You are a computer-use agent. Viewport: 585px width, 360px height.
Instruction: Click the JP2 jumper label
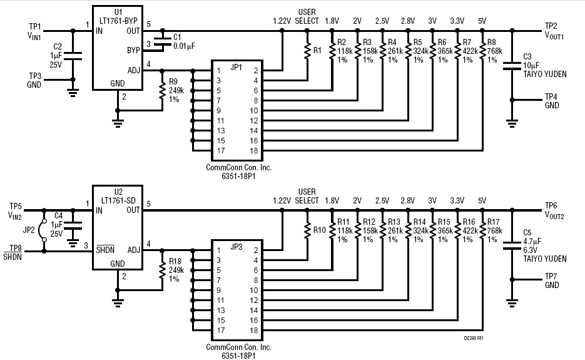(x=30, y=230)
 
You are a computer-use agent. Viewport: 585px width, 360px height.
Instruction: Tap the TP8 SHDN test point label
(x=16, y=252)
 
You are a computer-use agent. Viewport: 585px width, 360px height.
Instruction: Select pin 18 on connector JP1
(x=255, y=150)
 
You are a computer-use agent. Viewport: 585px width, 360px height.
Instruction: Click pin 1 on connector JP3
(x=218, y=250)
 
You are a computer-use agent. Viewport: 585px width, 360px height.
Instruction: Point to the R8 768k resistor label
(x=492, y=51)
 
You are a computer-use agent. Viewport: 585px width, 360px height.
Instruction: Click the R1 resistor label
(x=317, y=50)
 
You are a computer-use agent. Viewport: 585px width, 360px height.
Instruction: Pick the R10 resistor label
(x=319, y=230)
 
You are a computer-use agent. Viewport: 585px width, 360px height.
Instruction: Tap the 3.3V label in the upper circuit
(x=457, y=21)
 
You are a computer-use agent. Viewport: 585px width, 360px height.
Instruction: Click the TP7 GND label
(x=552, y=280)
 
